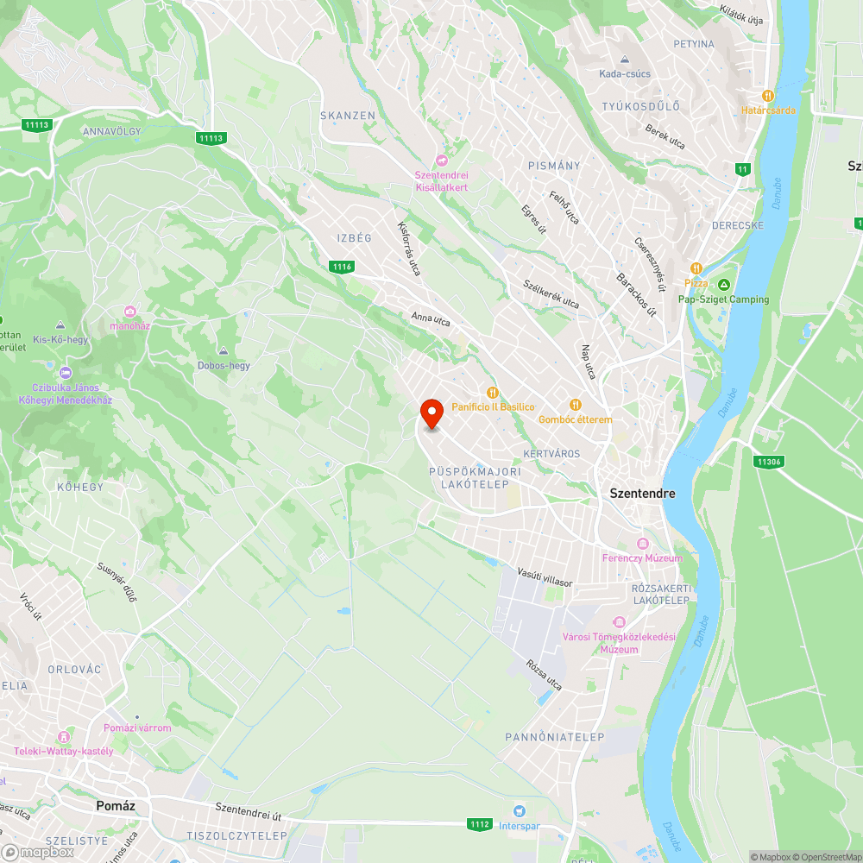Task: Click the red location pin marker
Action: [431, 414]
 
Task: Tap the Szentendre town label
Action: [642, 494]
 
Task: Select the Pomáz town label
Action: [115, 805]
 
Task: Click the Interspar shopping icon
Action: [519, 810]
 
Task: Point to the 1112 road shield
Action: [481, 824]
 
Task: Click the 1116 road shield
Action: [342, 267]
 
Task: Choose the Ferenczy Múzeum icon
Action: [642, 544]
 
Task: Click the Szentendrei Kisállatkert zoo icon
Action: [442, 161]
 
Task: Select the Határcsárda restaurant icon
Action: [767, 96]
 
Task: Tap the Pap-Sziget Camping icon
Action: [723, 284]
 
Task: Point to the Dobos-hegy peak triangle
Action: [223, 351]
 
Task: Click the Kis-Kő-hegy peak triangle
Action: [60, 325]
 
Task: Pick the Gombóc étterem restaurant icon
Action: [575, 404]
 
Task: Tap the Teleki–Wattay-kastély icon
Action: [63, 737]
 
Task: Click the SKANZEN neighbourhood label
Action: [348, 115]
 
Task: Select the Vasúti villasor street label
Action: [545, 577]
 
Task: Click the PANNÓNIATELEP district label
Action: [555, 736]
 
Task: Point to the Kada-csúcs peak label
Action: [625, 73]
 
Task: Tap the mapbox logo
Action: [39, 851]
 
